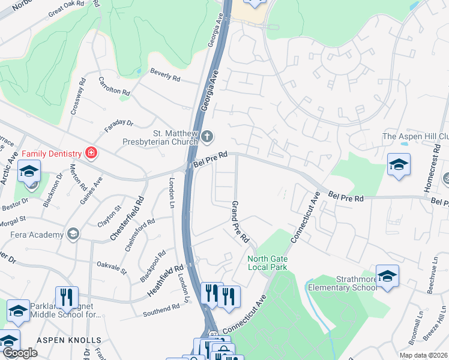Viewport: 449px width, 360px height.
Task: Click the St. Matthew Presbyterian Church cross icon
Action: point(207,136)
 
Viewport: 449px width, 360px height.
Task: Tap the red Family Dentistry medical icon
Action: point(91,154)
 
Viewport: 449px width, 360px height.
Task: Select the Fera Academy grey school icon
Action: point(73,233)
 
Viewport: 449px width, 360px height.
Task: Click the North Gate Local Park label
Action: point(268,263)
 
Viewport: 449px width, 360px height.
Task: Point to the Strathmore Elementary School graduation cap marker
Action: point(388,277)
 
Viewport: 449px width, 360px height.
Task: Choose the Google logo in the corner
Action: point(20,353)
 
